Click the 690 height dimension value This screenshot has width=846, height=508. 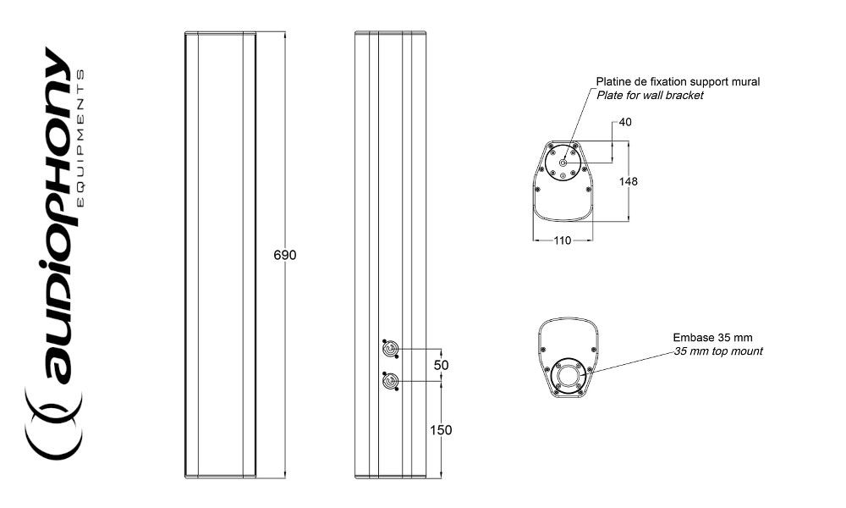coord(285,255)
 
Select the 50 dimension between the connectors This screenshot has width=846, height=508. coord(441,365)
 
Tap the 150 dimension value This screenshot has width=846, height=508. coord(440,430)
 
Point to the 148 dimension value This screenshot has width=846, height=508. coord(629,181)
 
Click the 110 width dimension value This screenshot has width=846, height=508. coord(562,240)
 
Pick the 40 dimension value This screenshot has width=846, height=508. coord(625,123)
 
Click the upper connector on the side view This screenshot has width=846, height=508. coord(390,349)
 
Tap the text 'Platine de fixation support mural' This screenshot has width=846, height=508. coord(678,82)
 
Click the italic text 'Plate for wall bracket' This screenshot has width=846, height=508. coord(650,96)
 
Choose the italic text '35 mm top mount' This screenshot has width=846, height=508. coord(717,351)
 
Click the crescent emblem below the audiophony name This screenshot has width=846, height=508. coord(53,428)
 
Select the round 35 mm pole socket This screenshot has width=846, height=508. coord(566,375)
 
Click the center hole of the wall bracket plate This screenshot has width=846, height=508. coord(563,163)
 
